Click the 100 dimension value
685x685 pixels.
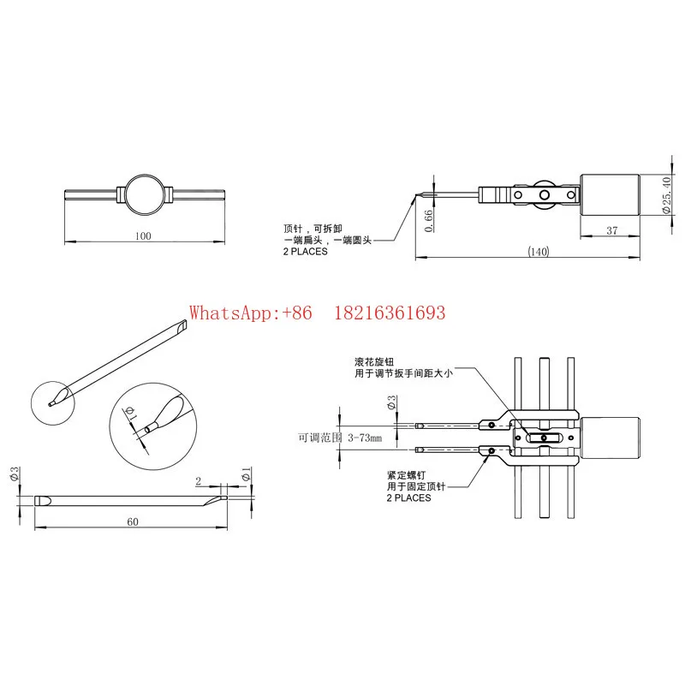tap(143, 236)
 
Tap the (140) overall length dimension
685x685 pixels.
tap(538, 252)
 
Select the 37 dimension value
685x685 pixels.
tap(612, 230)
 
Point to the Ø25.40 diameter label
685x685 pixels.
tap(667, 195)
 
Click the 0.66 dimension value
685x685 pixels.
tap(429, 221)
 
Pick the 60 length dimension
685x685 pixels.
tap(133, 521)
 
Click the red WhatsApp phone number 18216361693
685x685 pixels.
tap(390, 313)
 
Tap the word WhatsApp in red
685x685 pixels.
tap(230, 313)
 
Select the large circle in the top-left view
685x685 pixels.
tap(144, 176)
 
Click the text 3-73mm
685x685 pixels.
tap(365, 438)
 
